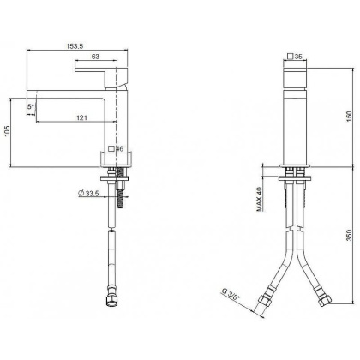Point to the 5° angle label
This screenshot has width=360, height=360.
pyautogui.click(x=32, y=106)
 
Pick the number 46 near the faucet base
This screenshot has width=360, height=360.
pyautogui.click(x=119, y=149)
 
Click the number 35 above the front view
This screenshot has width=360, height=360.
pyautogui.click(x=300, y=57)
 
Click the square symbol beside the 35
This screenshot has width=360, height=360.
pyautogui.click(x=289, y=57)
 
